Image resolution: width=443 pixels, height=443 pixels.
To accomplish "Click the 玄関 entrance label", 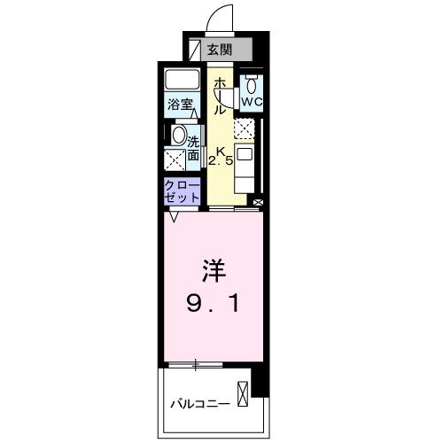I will (x=218, y=51).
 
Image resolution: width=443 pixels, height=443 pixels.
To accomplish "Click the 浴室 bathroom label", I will (x=181, y=105).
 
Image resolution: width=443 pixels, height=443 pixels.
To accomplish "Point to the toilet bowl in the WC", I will (x=252, y=86).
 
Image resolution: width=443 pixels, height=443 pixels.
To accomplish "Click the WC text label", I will (x=253, y=103).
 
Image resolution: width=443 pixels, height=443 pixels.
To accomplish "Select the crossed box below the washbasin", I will (x=175, y=161).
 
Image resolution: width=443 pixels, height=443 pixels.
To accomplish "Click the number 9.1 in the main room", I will (x=214, y=306).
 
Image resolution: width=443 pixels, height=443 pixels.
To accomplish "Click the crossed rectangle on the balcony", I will (x=244, y=392).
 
